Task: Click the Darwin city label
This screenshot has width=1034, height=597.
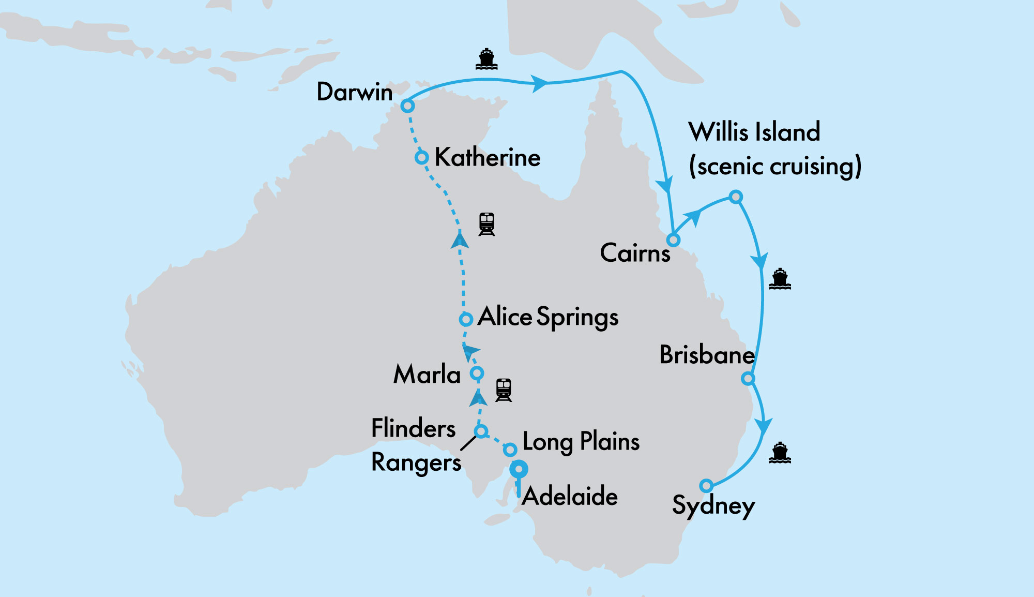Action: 355,92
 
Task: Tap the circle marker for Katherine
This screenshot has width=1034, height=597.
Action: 422,157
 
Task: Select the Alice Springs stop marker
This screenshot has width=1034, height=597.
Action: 466,319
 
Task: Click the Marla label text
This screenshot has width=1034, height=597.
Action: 427,374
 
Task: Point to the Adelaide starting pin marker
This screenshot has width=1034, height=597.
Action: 519,470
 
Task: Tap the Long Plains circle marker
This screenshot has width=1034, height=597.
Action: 510,449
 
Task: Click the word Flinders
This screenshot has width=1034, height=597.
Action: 414,428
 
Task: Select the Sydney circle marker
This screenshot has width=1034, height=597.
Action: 706,486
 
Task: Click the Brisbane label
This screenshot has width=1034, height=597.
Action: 707,355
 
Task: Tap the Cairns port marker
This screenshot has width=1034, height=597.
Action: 673,240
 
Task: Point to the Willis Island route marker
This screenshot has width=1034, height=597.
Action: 736,197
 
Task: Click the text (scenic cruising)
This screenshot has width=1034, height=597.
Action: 775,166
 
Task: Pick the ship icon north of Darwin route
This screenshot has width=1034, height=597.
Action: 486,59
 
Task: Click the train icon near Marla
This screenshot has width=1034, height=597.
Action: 504,390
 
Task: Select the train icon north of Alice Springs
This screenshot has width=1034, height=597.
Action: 486,224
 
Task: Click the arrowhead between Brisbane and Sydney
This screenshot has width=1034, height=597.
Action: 763,426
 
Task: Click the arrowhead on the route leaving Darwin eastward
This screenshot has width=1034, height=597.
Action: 539,83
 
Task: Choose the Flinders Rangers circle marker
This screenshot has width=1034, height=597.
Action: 481,431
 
